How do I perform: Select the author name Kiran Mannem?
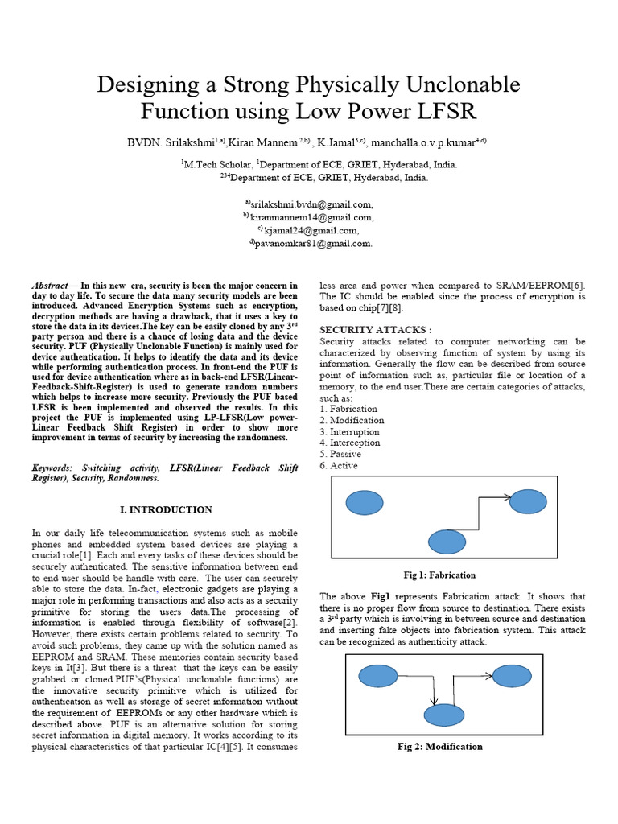[x=263, y=142]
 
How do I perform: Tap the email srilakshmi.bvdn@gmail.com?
[x=313, y=204]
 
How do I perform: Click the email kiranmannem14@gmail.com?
[x=313, y=217]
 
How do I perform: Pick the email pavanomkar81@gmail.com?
[x=313, y=243]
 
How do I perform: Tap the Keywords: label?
[x=51, y=468]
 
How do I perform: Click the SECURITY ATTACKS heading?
[x=376, y=330]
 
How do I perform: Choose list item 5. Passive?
[x=340, y=454]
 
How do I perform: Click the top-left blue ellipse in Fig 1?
[x=365, y=503]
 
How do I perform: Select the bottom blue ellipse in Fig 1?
[x=447, y=542]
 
